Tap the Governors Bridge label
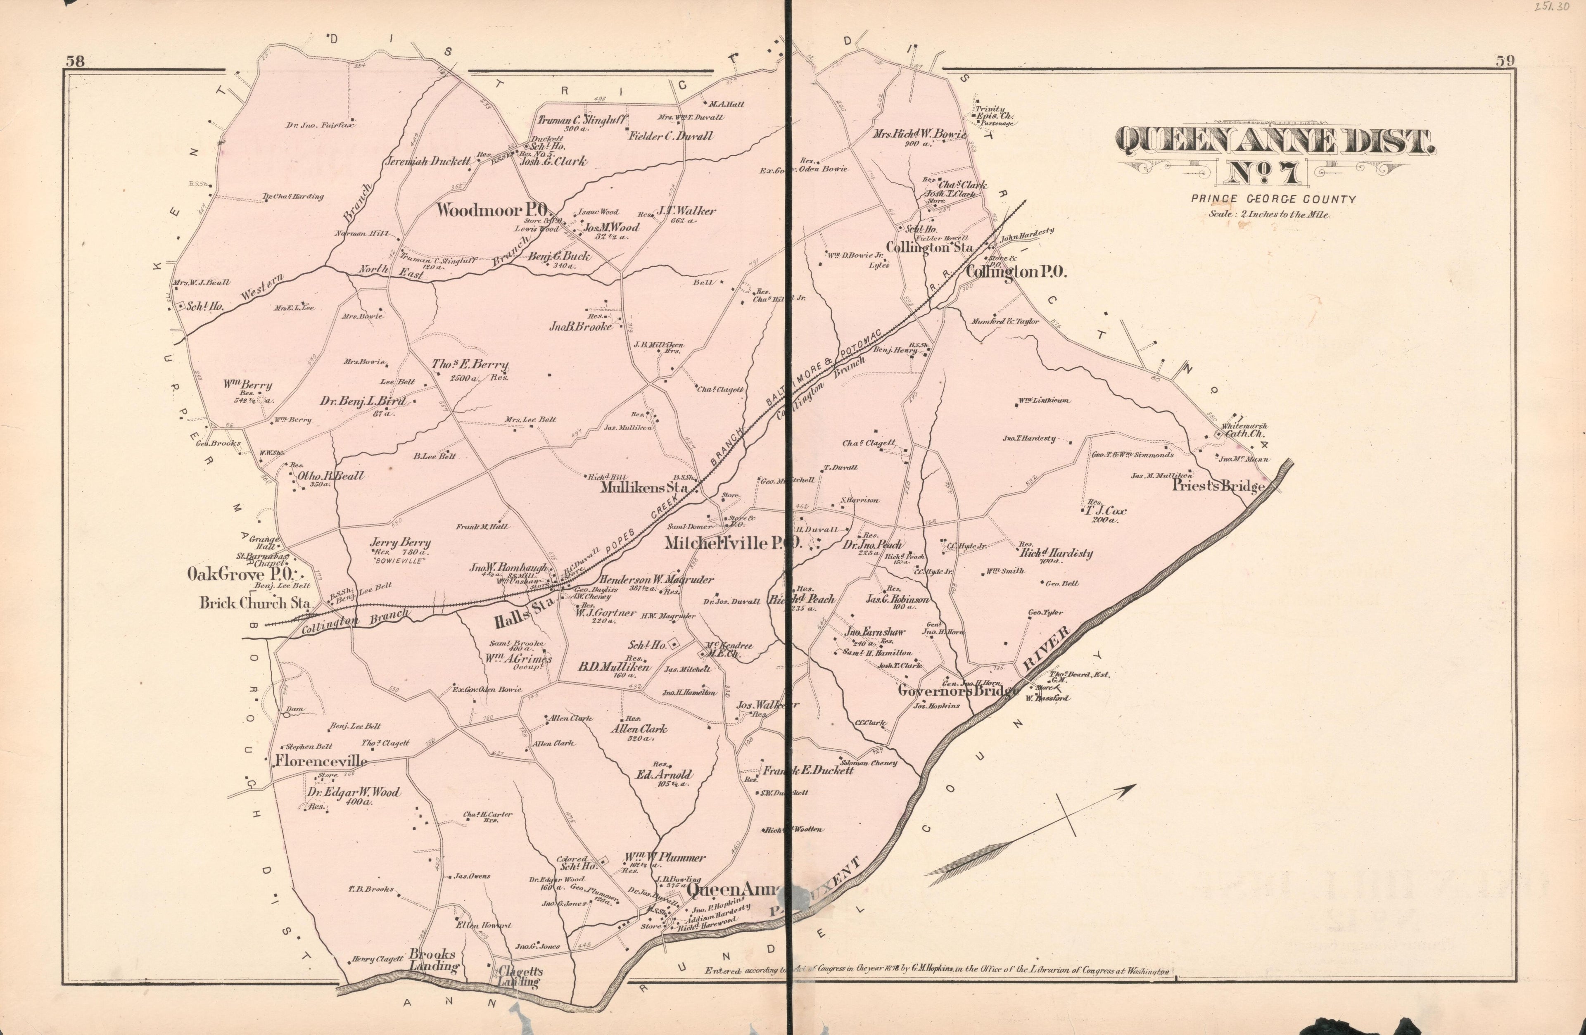pos(958,691)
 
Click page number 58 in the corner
pos(75,61)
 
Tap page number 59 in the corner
pos(1505,61)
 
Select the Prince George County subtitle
pos(1273,199)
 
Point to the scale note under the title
pos(1269,215)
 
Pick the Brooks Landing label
pos(433,960)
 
